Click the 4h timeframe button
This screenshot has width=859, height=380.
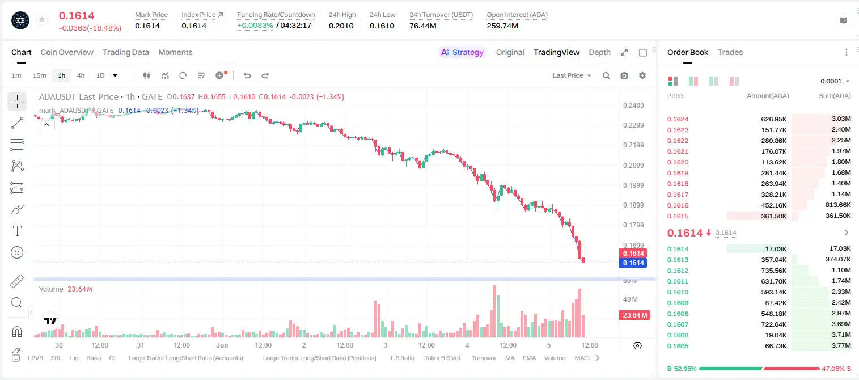[x=81, y=75]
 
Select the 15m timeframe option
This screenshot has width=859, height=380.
[x=39, y=75]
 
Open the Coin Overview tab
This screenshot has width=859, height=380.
[x=67, y=52]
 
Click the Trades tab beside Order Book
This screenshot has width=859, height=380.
[x=730, y=52]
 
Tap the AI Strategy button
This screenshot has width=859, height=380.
[x=462, y=52]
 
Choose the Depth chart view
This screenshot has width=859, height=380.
[x=599, y=52]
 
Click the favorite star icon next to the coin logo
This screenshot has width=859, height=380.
[x=42, y=19]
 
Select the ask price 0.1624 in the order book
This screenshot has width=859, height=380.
[x=678, y=119]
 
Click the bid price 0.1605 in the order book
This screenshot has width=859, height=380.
[x=678, y=346]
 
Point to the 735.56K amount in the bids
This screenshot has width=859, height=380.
[x=773, y=271]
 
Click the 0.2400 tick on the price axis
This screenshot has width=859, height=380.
[x=633, y=105]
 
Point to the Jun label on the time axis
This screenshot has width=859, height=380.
[x=222, y=345]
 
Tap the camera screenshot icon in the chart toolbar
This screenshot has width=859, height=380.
[x=624, y=75]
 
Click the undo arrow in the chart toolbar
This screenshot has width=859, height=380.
[x=247, y=75]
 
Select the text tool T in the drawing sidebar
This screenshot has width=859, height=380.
[x=17, y=231]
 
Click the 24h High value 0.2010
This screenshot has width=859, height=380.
[x=341, y=26]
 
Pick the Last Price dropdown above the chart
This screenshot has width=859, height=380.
[x=572, y=75]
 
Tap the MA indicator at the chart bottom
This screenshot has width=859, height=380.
[x=510, y=358]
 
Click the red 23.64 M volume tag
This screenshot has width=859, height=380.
[x=634, y=315]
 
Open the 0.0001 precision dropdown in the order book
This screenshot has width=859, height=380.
[x=835, y=81]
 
